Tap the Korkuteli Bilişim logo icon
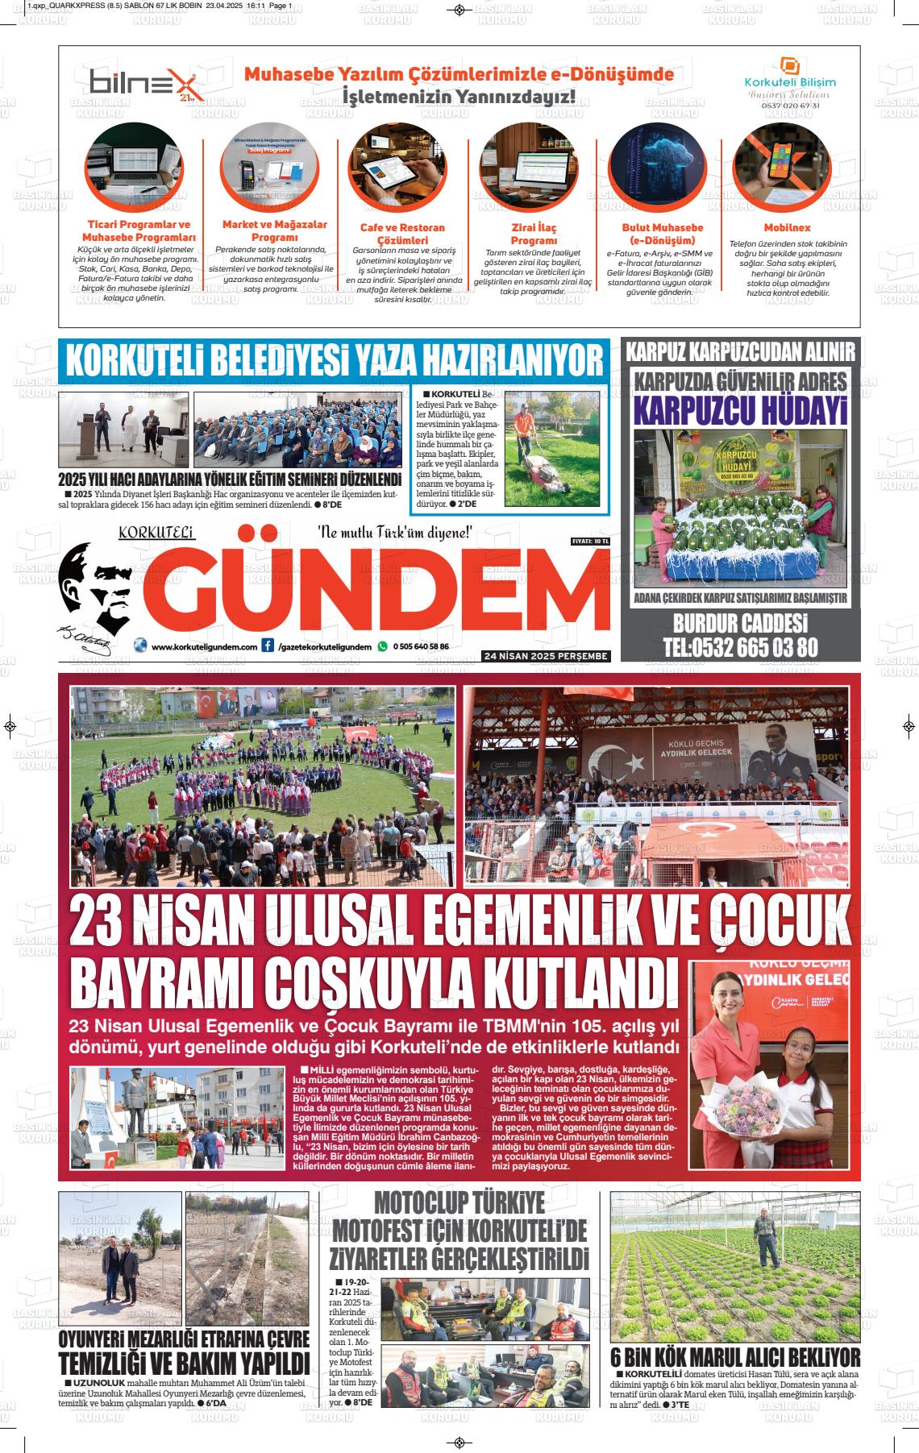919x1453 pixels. pos(789,65)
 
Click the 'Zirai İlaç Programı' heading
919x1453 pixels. pos(534,234)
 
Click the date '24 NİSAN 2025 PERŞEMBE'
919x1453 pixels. pos(545,656)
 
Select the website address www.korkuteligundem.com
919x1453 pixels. pos(204,646)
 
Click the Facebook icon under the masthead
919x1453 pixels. pos(268,646)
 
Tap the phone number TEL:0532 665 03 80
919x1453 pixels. pos(740,646)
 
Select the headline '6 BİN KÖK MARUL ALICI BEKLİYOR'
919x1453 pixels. pos(734,1356)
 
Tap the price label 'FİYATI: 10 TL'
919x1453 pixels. pos(589,541)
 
